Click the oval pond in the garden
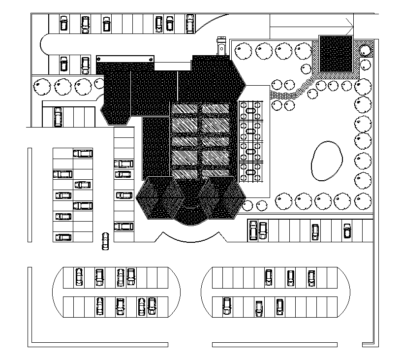(x=326, y=161)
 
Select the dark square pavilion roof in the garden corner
(x=336, y=54)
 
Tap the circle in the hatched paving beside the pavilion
(x=365, y=50)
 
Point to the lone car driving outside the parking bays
(x=105, y=241)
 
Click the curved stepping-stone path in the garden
(x=293, y=92)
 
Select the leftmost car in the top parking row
(x=64, y=23)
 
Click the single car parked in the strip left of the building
(x=58, y=117)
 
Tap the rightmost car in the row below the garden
(x=347, y=230)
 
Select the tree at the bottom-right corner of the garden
(x=363, y=200)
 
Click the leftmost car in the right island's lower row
(x=227, y=306)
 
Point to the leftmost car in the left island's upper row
(x=79, y=277)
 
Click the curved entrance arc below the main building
(x=192, y=239)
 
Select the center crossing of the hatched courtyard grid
(x=200, y=143)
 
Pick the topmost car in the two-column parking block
(x=83, y=153)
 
